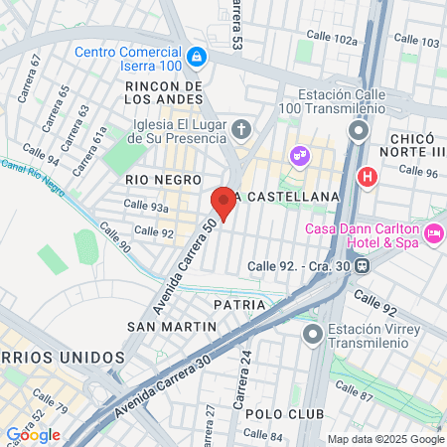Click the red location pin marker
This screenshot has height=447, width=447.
coord(223,202)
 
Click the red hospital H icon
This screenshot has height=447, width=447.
coord(368,178)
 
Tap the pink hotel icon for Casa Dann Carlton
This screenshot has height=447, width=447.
coord(433,232)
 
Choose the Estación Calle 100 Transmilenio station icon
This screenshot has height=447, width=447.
coord(360,130)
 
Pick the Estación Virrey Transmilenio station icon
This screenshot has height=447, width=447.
coord(314,335)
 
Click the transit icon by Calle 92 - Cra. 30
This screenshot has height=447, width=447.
coord(365,265)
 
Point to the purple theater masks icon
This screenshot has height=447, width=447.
coord(297,156)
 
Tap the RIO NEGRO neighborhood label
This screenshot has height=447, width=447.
coord(156,179)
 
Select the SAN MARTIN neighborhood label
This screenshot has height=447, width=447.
coord(172,326)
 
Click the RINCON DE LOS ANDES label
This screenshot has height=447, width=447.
coord(165,93)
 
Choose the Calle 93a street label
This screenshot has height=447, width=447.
coord(145,206)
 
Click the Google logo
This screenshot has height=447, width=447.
coord(33,434)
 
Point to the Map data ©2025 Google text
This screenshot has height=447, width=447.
coord(386,439)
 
